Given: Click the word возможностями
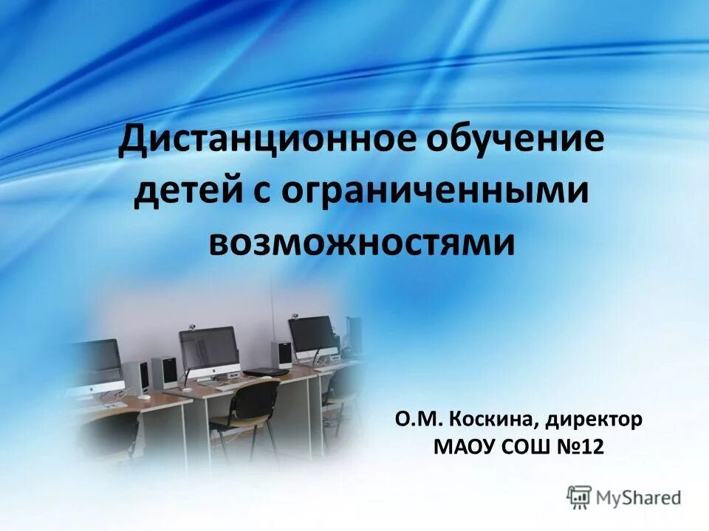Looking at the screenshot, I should coord(361,241).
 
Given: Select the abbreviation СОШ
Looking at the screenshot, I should coord(524,447).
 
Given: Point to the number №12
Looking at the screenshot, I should coord(582,447).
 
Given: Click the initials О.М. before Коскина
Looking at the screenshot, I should coord(418,420).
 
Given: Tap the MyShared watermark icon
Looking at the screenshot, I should coord(580,497).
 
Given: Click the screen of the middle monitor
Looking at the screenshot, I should coord(210,347).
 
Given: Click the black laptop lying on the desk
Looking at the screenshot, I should coord(267,369).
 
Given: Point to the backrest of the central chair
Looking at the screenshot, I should coord(255,398).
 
